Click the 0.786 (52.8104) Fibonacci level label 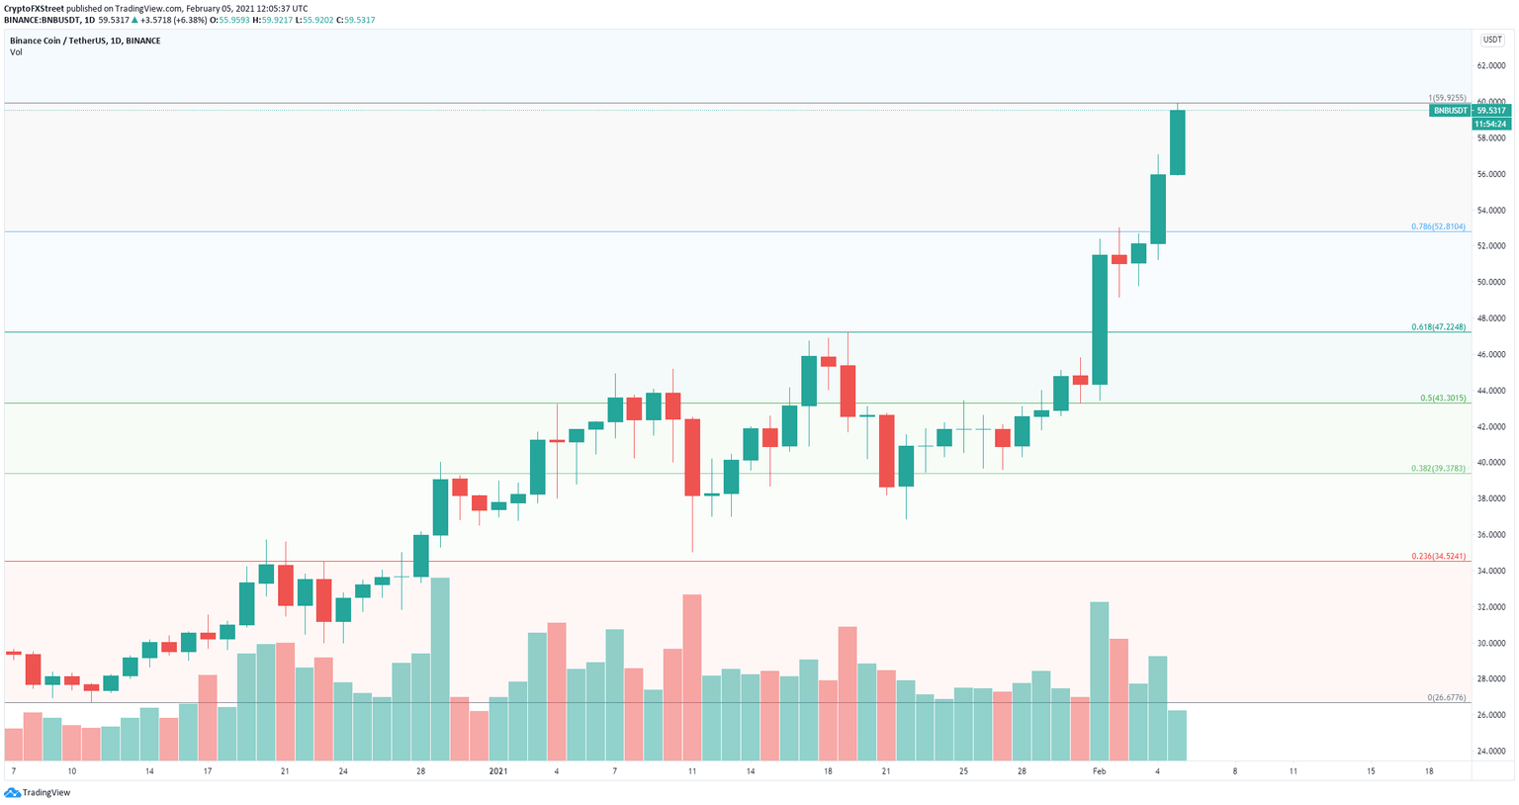tap(1439, 226)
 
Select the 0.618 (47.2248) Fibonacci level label tap(1439, 326)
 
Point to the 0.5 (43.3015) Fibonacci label tap(1443, 398)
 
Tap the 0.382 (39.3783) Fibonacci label tap(1439, 468)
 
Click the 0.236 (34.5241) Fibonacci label tap(1439, 557)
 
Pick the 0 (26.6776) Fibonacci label tap(1447, 697)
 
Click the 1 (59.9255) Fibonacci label tap(1447, 98)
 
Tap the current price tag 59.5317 tap(1491, 111)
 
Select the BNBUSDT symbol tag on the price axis tap(1450, 111)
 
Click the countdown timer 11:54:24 tap(1490, 124)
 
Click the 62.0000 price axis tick tap(1490, 65)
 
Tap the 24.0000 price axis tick tap(1490, 751)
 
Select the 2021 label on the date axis tap(498, 770)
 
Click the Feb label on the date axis tap(1100, 770)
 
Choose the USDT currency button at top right tap(1491, 40)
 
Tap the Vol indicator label tap(17, 52)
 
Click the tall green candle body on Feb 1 tap(1100, 319)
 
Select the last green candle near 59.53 tap(1177, 142)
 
